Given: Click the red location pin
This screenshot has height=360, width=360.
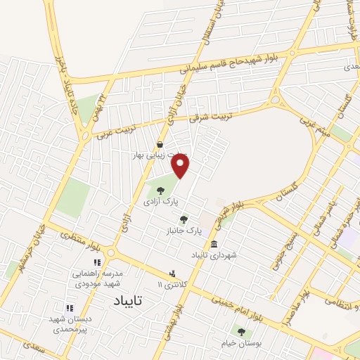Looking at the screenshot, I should coord(181,166).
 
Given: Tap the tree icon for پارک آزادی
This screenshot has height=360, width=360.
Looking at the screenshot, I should coord(160,190).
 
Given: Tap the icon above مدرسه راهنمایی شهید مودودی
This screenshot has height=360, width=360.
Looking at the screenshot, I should coord(97,262).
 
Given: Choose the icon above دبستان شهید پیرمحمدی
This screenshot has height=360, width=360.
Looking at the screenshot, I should coord(69,308).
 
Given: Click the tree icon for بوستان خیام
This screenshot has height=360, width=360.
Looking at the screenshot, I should coord(241,332).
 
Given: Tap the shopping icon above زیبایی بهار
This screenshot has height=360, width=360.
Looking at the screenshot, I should coord(160,145).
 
